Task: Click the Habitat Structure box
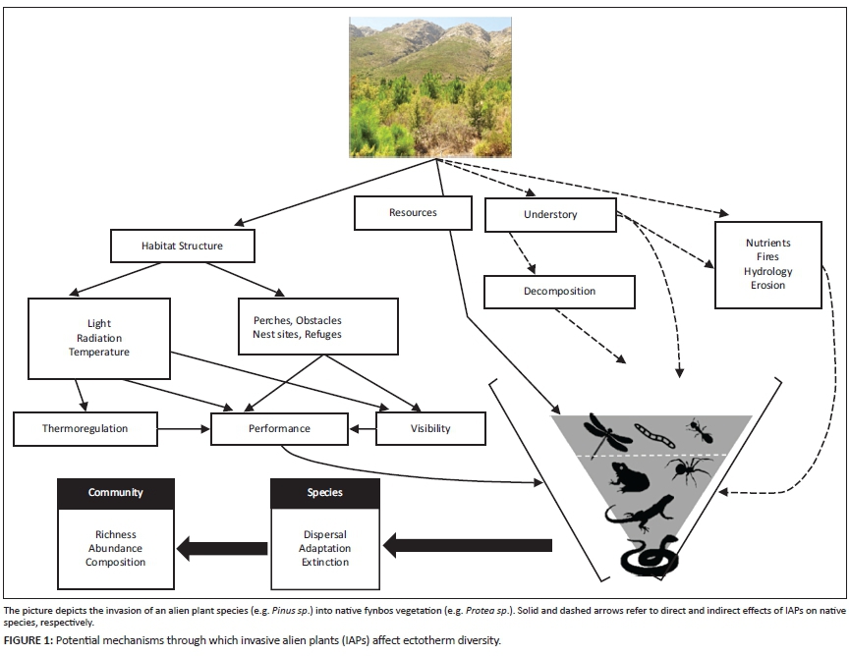coord(181,246)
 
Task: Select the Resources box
coord(412,212)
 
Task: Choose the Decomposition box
coord(559,292)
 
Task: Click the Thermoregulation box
coord(85,428)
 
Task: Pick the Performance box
coord(279,428)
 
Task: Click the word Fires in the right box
coord(767,257)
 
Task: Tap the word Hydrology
coord(767,271)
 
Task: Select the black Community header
coord(115,493)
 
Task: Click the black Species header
coord(324,493)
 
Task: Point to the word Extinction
coord(324,563)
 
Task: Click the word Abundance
coord(115,549)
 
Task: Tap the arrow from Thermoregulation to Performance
coord(184,428)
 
